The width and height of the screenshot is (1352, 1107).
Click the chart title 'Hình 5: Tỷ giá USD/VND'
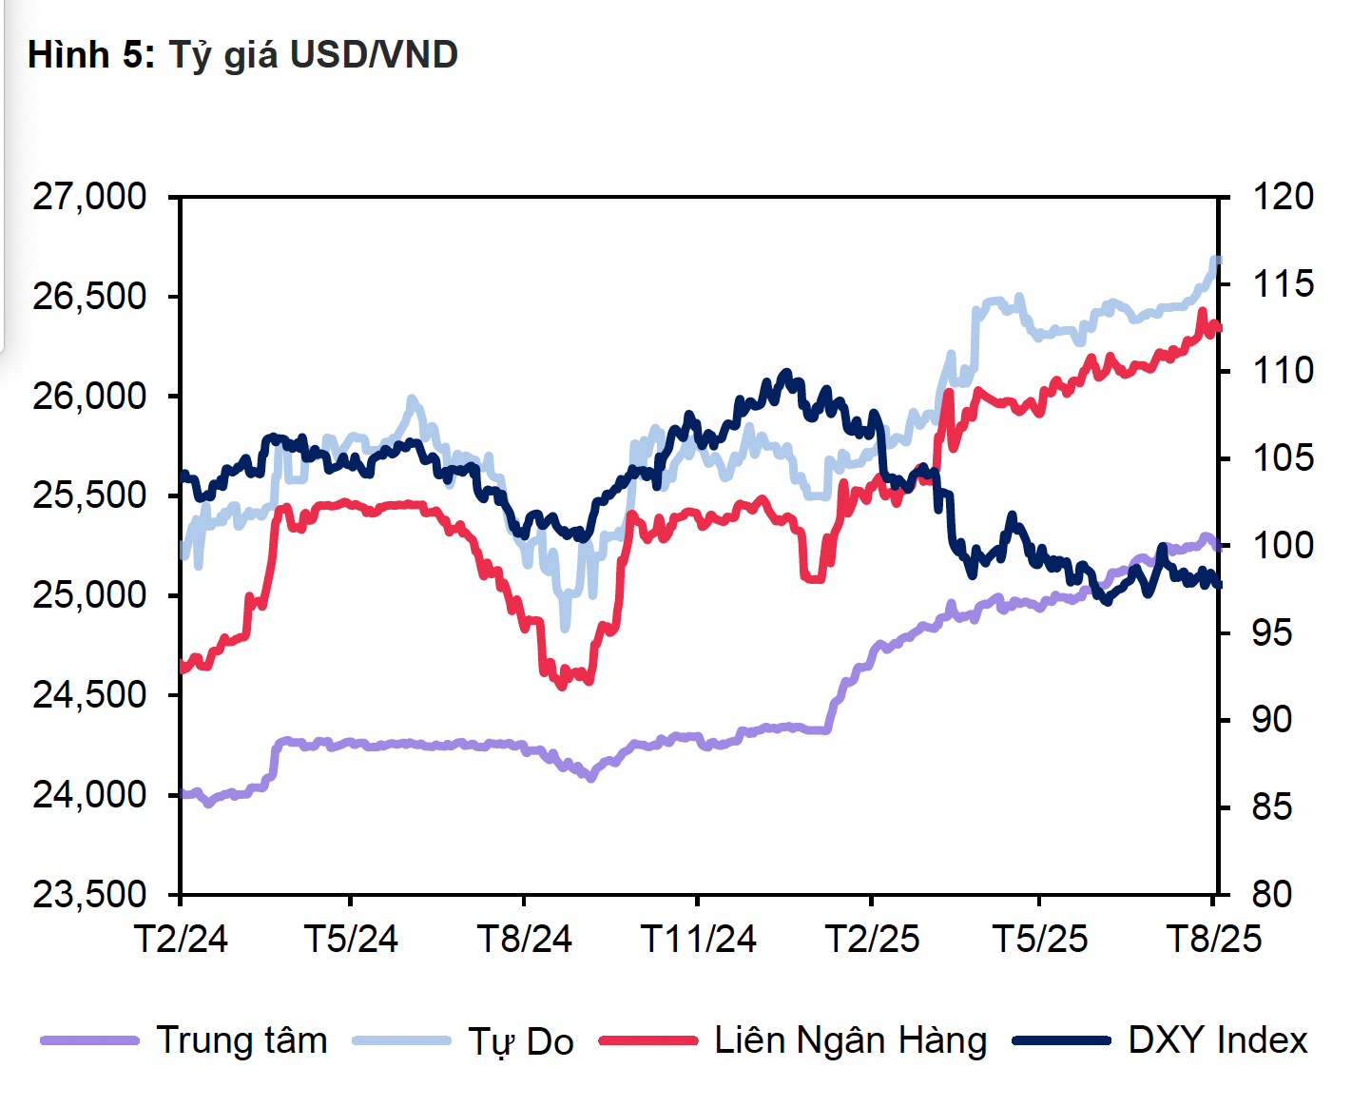pos(242,55)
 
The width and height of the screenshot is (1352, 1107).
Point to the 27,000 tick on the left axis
pos(90,197)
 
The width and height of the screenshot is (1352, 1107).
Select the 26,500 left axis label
pos(90,297)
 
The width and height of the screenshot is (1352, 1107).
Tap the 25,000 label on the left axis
pos(90,595)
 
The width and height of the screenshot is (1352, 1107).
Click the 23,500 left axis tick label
pos(90,894)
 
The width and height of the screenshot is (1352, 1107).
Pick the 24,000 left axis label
pos(90,794)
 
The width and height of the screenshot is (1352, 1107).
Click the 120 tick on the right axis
pos(1283,197)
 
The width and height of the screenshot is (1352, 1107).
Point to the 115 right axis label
pos(1283,283)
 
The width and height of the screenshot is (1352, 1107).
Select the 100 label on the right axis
pos(1283,546)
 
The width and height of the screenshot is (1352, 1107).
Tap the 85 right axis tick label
pos(1272,807)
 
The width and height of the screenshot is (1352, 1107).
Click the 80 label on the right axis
pos(1272,894)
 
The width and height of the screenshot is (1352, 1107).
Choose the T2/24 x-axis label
pos(181,940)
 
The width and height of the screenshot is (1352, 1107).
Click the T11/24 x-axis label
pos(699,940)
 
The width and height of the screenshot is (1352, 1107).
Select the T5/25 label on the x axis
pos(1039,940)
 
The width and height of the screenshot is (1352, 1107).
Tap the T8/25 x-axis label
pos(1214,940)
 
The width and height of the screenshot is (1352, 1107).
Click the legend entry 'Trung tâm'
pos(241,1040)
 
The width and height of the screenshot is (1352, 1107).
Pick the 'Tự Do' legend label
pos(521,1042)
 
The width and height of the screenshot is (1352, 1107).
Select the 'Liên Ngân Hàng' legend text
pos(851,1040)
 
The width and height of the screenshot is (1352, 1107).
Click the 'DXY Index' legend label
pos(1218,1040)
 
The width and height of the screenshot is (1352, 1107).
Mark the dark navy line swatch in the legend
pos(1061,1040)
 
